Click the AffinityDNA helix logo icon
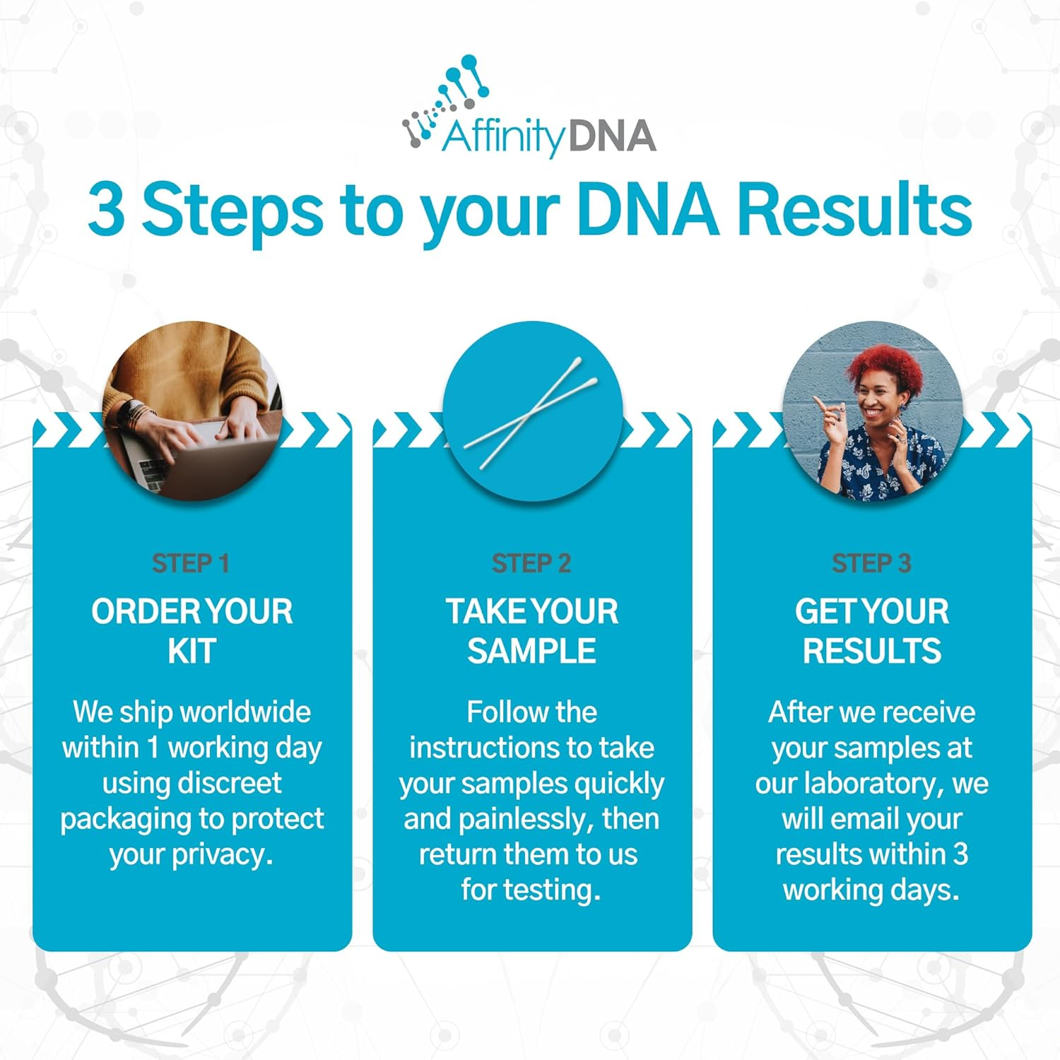point(445,99)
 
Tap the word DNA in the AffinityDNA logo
point(611,136)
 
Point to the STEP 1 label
point(191,563)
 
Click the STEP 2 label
point(531,563)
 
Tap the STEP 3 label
point(871,563)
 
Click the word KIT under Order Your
point(192,651)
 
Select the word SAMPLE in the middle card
point(531,651)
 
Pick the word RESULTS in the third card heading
point(871,651)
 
